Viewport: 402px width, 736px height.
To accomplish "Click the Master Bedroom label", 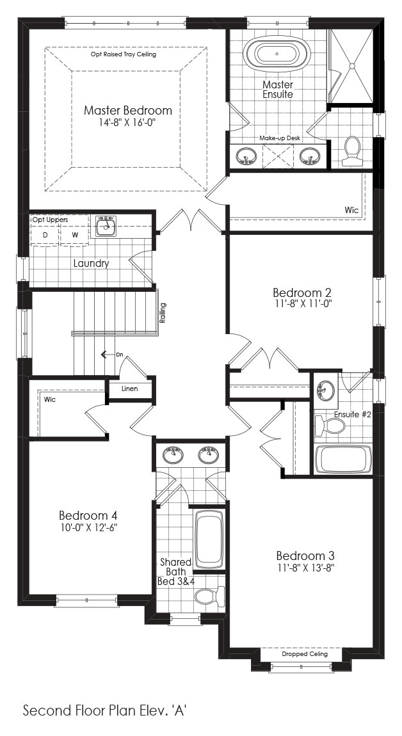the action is pos(128,111).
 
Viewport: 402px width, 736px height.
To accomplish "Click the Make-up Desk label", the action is pos(280,138).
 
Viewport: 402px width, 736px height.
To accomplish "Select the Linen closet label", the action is pos(129,388).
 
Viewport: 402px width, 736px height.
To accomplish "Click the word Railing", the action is pos(163,314).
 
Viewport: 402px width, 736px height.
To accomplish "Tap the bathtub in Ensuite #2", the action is pos(344,459).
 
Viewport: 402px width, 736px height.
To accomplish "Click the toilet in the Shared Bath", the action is pos(209,596).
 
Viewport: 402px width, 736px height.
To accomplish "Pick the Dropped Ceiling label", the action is pos(305,654).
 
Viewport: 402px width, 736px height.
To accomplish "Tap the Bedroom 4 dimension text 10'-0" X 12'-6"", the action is pos(88,527).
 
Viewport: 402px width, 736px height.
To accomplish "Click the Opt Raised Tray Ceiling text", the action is pos(124,54).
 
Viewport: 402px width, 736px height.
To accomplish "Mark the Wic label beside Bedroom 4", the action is pos(50,399).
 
